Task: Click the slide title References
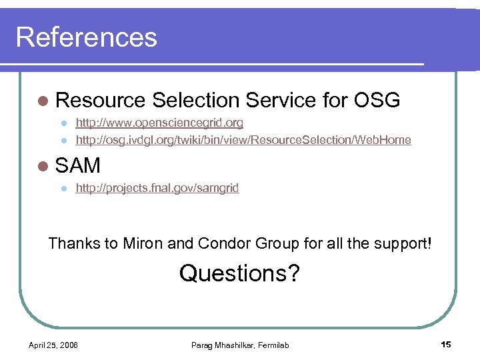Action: click(x=87, y=37)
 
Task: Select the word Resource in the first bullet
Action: click(x=101, y=101)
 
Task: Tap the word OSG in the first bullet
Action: click(x=377, y=101)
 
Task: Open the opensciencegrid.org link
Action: click(x=159, y=123)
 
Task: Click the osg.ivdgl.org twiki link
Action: click(x=243, y=140)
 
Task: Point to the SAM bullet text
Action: click(x=78, y=165)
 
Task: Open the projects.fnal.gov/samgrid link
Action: click(x=157, y=188)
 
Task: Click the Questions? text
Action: click(x=239, y=273)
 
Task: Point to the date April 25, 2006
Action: click(x=53, y=345)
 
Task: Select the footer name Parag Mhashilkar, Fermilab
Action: click(x=240, y=345)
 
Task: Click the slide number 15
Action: click(x=446, y=344)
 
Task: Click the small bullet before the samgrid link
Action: click(x=63, y=189)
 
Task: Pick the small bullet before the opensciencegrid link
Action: click(x=63, y=123)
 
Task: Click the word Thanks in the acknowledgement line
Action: click(x=74, y=243)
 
